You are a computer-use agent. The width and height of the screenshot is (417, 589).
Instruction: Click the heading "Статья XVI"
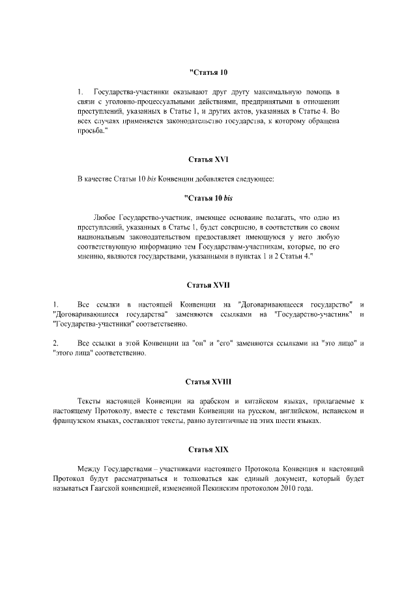(x=208, y=159)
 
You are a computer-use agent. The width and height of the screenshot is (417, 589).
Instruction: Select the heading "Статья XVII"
(x=208, y=285)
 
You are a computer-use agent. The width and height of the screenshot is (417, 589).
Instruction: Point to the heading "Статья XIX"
(x=208, y=450)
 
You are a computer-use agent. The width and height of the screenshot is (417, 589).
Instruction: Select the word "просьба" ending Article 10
(x=91, y=130)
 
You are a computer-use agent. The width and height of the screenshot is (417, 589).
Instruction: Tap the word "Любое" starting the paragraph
(x=106, y=215)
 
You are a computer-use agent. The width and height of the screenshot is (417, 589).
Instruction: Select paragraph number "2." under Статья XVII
(x=56, y=342)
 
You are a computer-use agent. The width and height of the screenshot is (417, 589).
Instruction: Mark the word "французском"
(x=77, y=421)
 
